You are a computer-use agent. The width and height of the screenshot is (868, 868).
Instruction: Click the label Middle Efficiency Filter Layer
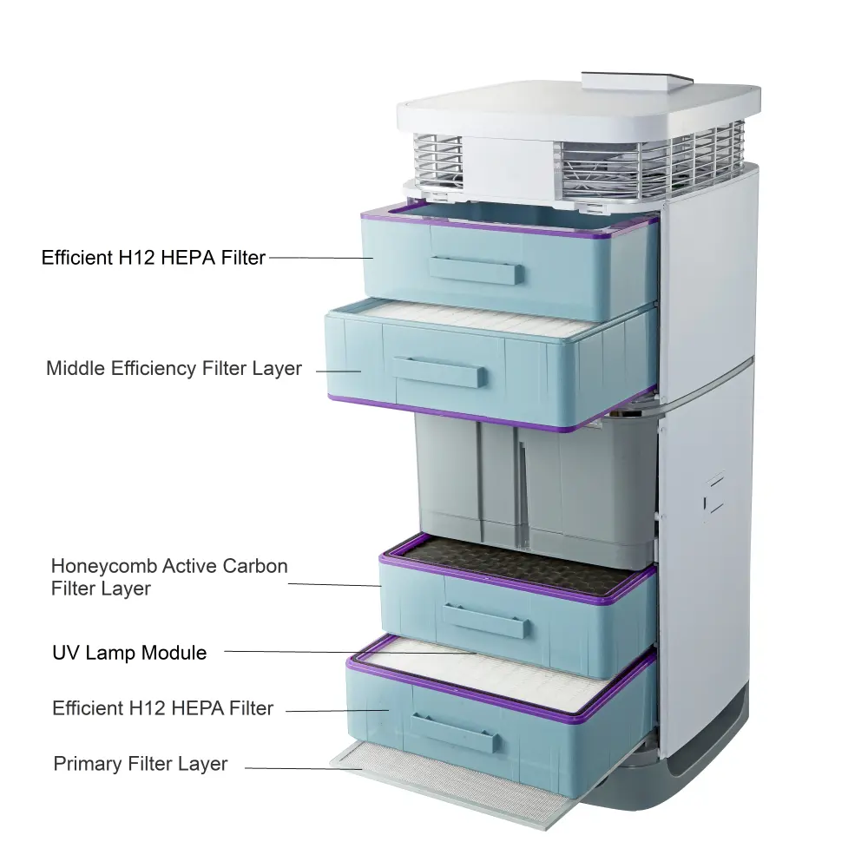(174, 368)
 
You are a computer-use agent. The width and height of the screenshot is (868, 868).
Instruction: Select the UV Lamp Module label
(129, 653)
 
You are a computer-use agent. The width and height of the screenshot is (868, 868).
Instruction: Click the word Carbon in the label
(254, 566)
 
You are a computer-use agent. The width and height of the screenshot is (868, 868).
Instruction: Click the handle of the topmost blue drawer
(476, 270)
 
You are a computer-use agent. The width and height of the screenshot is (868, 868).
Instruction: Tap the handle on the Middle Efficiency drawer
(437, 372)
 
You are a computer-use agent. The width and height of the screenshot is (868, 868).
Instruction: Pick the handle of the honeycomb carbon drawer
(484, 621)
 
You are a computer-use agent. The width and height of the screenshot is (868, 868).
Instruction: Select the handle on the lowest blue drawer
(455, 732)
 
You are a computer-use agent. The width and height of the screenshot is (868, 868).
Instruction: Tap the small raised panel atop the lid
(638, 81)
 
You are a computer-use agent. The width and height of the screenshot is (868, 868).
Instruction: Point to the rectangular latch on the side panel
(714, 492)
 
